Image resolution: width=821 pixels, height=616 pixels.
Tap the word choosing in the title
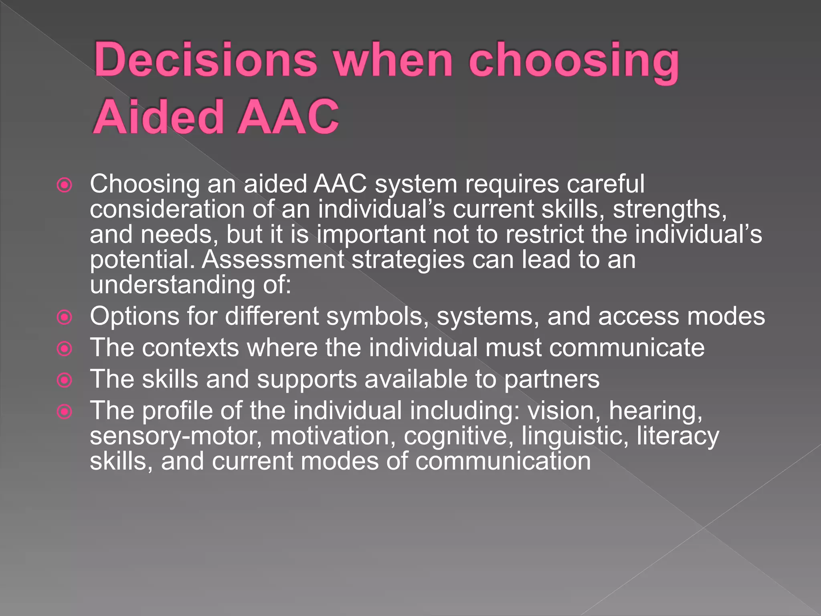coord(573,62)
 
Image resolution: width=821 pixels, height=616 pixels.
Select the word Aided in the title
coord(158,117)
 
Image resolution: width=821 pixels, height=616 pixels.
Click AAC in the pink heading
coord(288,117)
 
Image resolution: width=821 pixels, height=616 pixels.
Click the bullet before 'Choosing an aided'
coord(65,185)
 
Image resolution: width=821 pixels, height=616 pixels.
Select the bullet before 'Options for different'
coord(65,318)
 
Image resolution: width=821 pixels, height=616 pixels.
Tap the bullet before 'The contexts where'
coord(65,349)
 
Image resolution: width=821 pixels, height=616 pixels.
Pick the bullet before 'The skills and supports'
coord(65,380)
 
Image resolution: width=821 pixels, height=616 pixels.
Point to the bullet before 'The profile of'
coord(65,411)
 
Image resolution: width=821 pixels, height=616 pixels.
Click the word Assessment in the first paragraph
coord(273,260)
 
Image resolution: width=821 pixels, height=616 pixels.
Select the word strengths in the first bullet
coord(669,210)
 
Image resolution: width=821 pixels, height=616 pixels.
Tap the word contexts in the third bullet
coord(190,348)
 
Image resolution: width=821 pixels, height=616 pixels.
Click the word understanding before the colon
coord(172,285)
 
